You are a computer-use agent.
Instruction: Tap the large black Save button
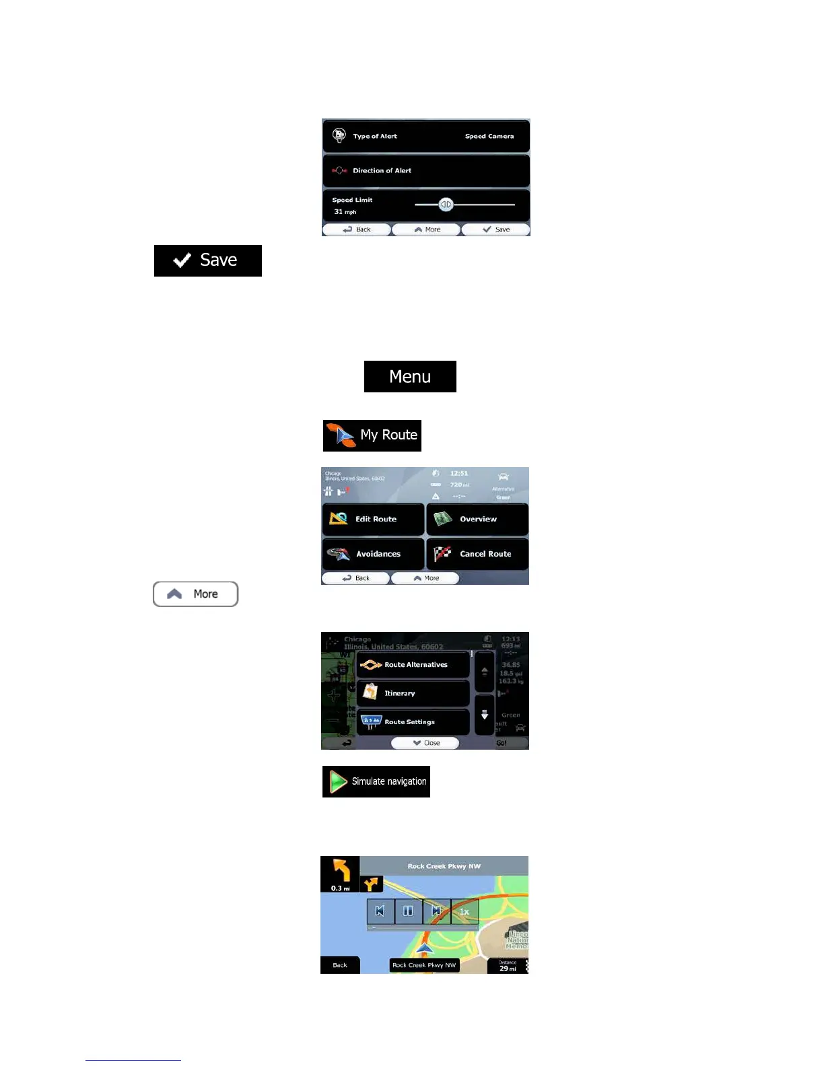tap(207, 260)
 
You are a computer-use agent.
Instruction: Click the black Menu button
tap(409, 376)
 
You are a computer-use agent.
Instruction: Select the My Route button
tap(372, 435)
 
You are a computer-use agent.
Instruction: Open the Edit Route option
tap(373, 519)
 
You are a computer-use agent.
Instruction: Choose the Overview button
tap(477, 519)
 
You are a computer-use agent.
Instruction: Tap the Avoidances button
tap(373, 554)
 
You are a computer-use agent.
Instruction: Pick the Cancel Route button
tap(477, 554)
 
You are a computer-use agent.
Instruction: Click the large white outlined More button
tap(195, 594)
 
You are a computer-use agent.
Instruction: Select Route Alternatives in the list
tap(413, 665)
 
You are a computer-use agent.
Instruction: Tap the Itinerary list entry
tap(413, 693)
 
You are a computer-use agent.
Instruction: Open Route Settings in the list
tap(413, 722)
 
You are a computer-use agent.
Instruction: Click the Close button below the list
tap(425, 743)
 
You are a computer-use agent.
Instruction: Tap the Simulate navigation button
tap(376, 781)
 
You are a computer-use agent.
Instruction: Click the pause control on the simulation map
tap(408, 911)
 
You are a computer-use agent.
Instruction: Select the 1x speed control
tap(465, 911)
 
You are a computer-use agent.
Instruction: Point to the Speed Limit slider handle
tap(446, 205)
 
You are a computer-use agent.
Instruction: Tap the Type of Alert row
tap(425, 136)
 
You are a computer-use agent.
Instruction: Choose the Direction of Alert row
tap(425, 171)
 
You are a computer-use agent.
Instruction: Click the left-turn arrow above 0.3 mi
tap(341, 871)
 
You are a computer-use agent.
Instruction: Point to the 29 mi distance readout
tap(508, 966)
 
